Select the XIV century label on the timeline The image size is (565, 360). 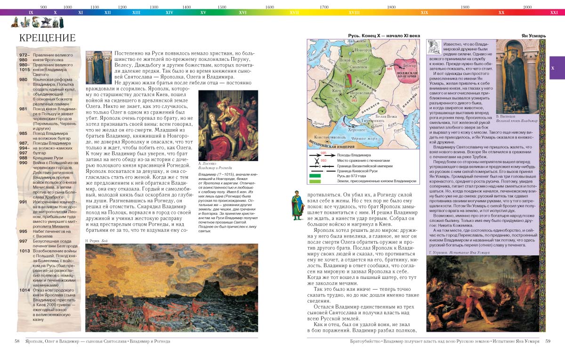point(169,12)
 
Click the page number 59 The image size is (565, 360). point(548,341)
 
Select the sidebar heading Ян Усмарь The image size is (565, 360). point(533,36)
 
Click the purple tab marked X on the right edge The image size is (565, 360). point(557,68)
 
